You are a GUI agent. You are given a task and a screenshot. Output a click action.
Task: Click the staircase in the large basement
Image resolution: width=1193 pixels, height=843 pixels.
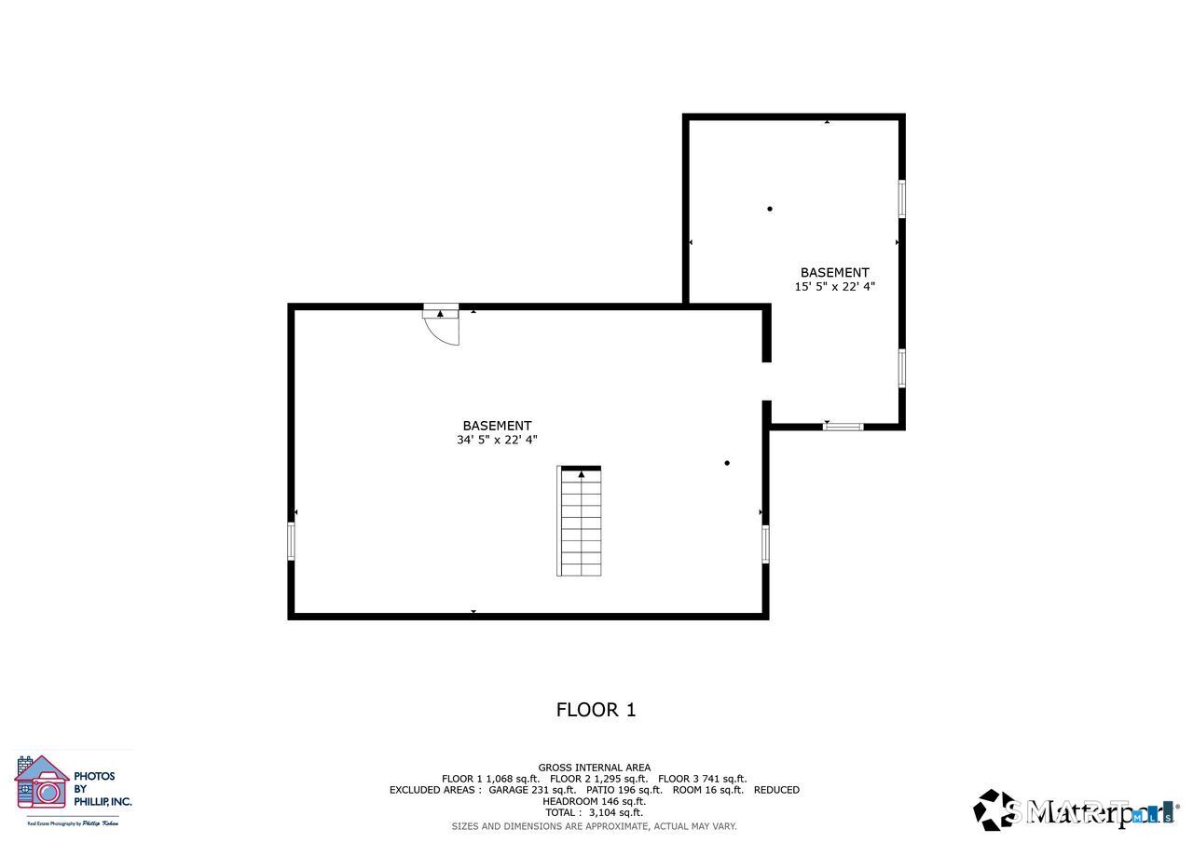(x=580, y=523)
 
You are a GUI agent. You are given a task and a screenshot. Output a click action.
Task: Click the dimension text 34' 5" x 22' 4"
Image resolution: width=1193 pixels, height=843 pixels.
(x=497, y=440)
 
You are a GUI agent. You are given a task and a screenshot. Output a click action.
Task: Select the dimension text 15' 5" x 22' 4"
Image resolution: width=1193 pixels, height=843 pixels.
(x=834, y=287)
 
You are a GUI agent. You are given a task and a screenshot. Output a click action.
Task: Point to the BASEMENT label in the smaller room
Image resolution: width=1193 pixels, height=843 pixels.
(x=834, y=273)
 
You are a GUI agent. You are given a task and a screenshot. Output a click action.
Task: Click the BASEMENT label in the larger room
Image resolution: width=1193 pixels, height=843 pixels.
(x=497, y=426)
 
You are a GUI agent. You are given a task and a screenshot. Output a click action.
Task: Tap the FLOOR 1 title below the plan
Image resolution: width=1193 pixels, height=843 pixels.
(x=596, y=710)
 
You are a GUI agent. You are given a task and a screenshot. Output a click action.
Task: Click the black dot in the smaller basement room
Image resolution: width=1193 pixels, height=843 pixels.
(x=770, y=209)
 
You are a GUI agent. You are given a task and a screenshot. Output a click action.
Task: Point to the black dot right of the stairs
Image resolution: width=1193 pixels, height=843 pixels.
(x=727, y=463)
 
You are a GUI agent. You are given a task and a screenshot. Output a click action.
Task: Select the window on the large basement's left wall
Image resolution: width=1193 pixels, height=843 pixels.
(x=291, y=541)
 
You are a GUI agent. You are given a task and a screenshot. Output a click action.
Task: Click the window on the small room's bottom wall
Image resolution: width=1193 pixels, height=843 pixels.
(x=843, y=427)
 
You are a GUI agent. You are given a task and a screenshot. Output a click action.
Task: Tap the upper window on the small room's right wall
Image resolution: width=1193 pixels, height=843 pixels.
(x=901, y=198)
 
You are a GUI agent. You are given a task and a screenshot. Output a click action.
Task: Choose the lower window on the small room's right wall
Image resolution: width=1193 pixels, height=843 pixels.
(x=901, y=368)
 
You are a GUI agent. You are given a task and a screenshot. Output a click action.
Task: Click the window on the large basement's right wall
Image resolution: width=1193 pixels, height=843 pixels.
(x=765, y=544)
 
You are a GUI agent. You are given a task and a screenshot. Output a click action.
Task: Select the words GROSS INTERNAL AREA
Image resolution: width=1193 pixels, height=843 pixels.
(x=594, y=768)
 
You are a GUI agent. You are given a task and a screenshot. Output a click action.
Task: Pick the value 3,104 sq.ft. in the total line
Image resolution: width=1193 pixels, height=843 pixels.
(x=615, y=812)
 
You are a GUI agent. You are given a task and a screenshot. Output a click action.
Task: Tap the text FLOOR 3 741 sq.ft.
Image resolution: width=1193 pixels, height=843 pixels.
(x=702, y=779)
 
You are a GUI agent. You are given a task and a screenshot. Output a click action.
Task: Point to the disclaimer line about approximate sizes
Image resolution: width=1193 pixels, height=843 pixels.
(x=594, y=826)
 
